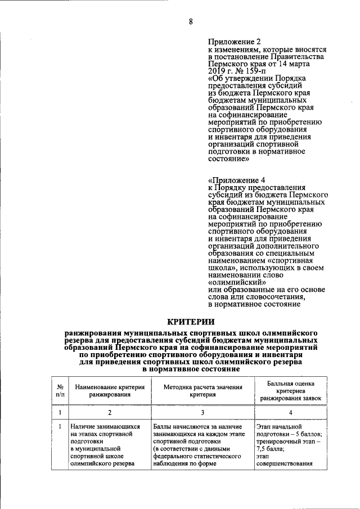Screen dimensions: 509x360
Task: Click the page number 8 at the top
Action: point(190,21)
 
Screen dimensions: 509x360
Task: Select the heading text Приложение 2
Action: point(235,42)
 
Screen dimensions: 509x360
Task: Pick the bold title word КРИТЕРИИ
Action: point(191,322)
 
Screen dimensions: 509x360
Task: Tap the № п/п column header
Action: point(60,390)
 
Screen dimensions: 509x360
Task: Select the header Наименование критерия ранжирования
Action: point(110,390)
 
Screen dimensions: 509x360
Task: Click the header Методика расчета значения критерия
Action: point(202,390)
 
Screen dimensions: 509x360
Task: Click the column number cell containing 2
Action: point(110,413)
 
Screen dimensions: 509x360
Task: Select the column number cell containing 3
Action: point(202,413)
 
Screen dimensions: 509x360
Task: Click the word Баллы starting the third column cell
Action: point(163,427)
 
